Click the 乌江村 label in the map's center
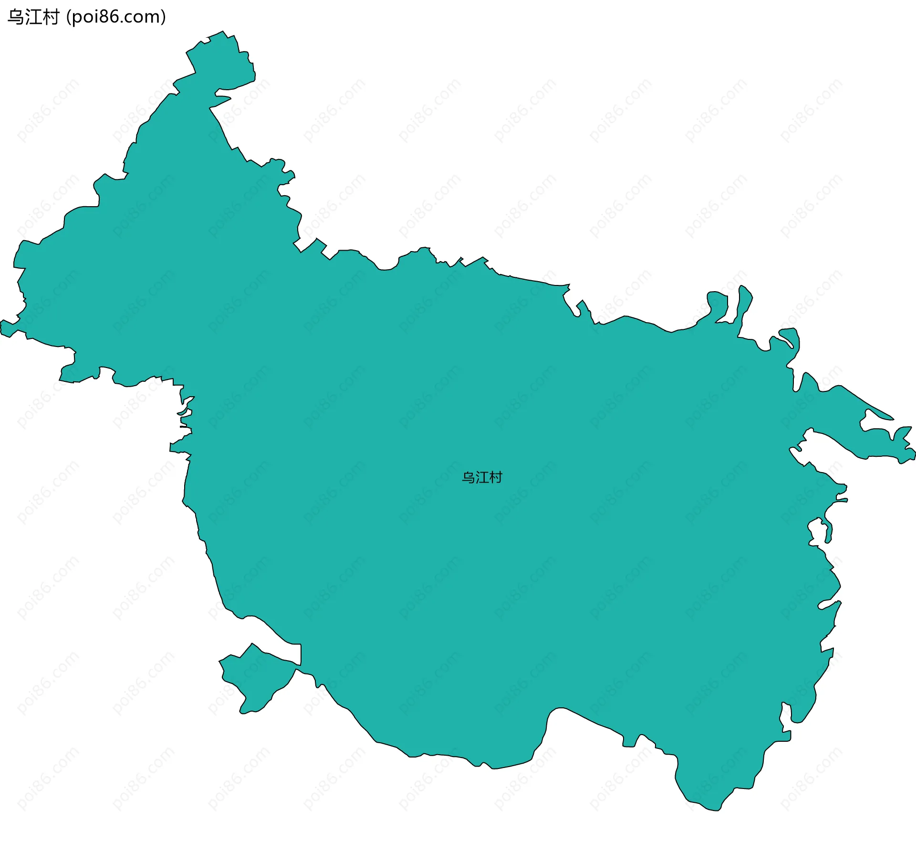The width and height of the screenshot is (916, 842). pyautogui.click(x=482, y=477)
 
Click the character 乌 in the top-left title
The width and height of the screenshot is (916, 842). pyautogui.click(x=16, y=17)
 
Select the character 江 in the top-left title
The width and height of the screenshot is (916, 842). pyautogui.click(x=33, y=17)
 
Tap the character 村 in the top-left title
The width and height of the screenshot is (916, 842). pyautogui.click(x=50, y=17)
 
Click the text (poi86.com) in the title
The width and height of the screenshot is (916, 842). pyautogui.click(x=116, y=17)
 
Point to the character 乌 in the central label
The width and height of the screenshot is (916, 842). pyautogui.click(x=468, y=477)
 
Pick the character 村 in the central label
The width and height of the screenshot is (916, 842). pyautogui.click(x=496, y=477)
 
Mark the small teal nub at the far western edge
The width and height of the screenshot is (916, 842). pyautogui.click(x=7, y=328)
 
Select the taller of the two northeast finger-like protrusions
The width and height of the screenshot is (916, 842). pyautogui.click(x=743, y=305)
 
